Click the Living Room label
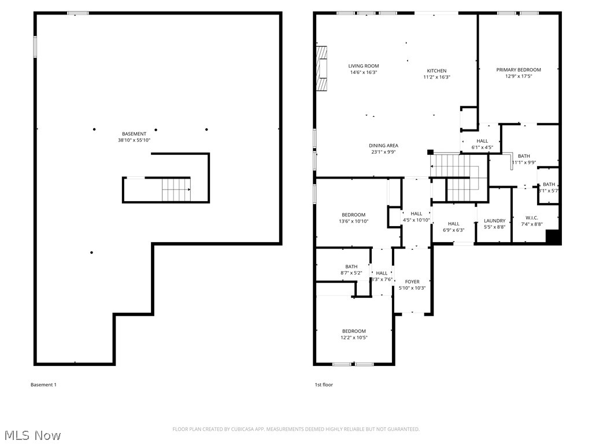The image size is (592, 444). click(x=363, y=66)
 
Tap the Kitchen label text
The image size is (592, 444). click(x=436, y=71)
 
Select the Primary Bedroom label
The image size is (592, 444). click(x=519, y=70)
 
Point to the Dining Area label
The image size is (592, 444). click(x=383, y=146)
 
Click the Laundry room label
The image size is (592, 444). click(x=494, y=220)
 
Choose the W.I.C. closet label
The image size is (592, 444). click(x=531, y=217)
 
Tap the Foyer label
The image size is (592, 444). click(x=412, y=282)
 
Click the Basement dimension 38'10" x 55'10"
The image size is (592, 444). click(x=134, y=140)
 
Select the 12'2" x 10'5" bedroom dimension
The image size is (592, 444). click(x=353, y=338)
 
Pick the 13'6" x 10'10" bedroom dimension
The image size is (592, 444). click(x=353, y=221)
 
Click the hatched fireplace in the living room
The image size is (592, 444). click(x=321, y=68)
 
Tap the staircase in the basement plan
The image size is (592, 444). click(x=176, y=190)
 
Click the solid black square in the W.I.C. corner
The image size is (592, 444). click(x=553, y=237)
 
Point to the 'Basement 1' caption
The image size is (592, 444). click(x=43, y=384)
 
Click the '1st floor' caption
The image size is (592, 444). click(x=324, y=384)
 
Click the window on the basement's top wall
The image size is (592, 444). click(x=78, y=13)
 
